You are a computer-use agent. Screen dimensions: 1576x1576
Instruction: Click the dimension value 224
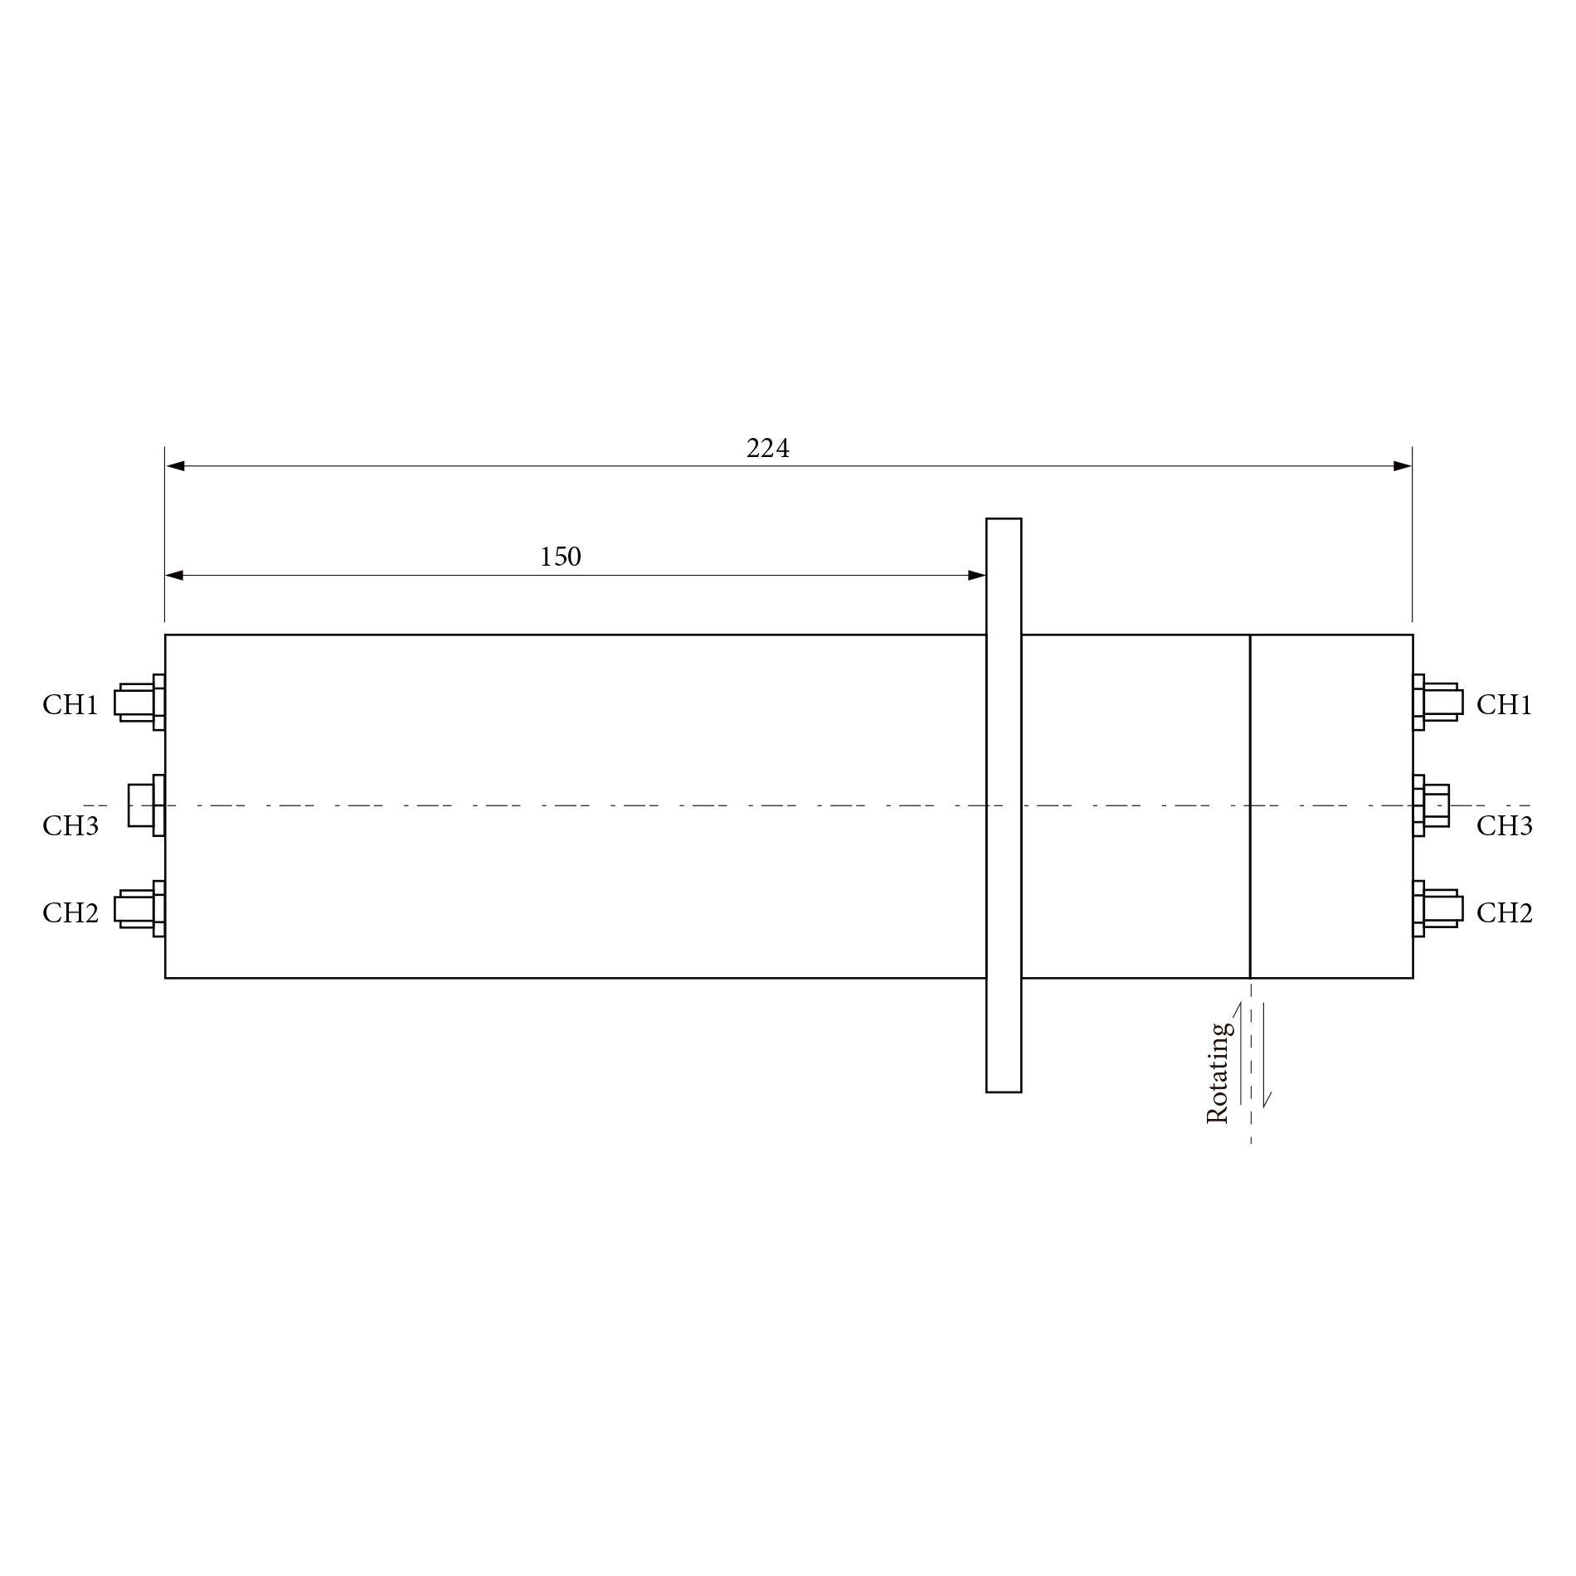tap(767, 449)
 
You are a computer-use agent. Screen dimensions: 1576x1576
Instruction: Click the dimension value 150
tap(561, 557)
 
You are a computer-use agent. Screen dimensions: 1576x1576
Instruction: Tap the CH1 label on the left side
tap(71, 705)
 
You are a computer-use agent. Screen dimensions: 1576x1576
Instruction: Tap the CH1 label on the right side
tap(1504, 705)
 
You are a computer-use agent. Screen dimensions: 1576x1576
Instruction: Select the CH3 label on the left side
tap(71, 826)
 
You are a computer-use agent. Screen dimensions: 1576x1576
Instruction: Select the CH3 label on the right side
tap(1504, 826)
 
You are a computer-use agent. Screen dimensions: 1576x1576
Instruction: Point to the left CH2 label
tap(71, 913)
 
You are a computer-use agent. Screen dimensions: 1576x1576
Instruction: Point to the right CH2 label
tap(1504, 913)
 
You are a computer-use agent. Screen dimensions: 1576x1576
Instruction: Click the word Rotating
tap(1218, 1074)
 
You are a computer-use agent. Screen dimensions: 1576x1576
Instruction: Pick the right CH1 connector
tap(1438, 703)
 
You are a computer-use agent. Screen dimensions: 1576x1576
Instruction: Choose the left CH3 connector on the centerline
tap(145, 805)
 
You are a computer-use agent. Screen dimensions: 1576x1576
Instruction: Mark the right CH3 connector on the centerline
tap(1433, 805)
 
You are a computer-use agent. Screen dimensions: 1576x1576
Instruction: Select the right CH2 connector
tap(1438, 909)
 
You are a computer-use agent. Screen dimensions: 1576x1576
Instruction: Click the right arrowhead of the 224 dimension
tap(1402, 466)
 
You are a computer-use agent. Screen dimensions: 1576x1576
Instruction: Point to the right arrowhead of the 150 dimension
tap(976, 576)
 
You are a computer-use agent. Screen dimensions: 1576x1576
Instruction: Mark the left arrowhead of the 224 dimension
tap(176, 466)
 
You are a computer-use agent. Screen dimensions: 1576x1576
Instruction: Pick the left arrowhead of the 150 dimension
tap(175, 576)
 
